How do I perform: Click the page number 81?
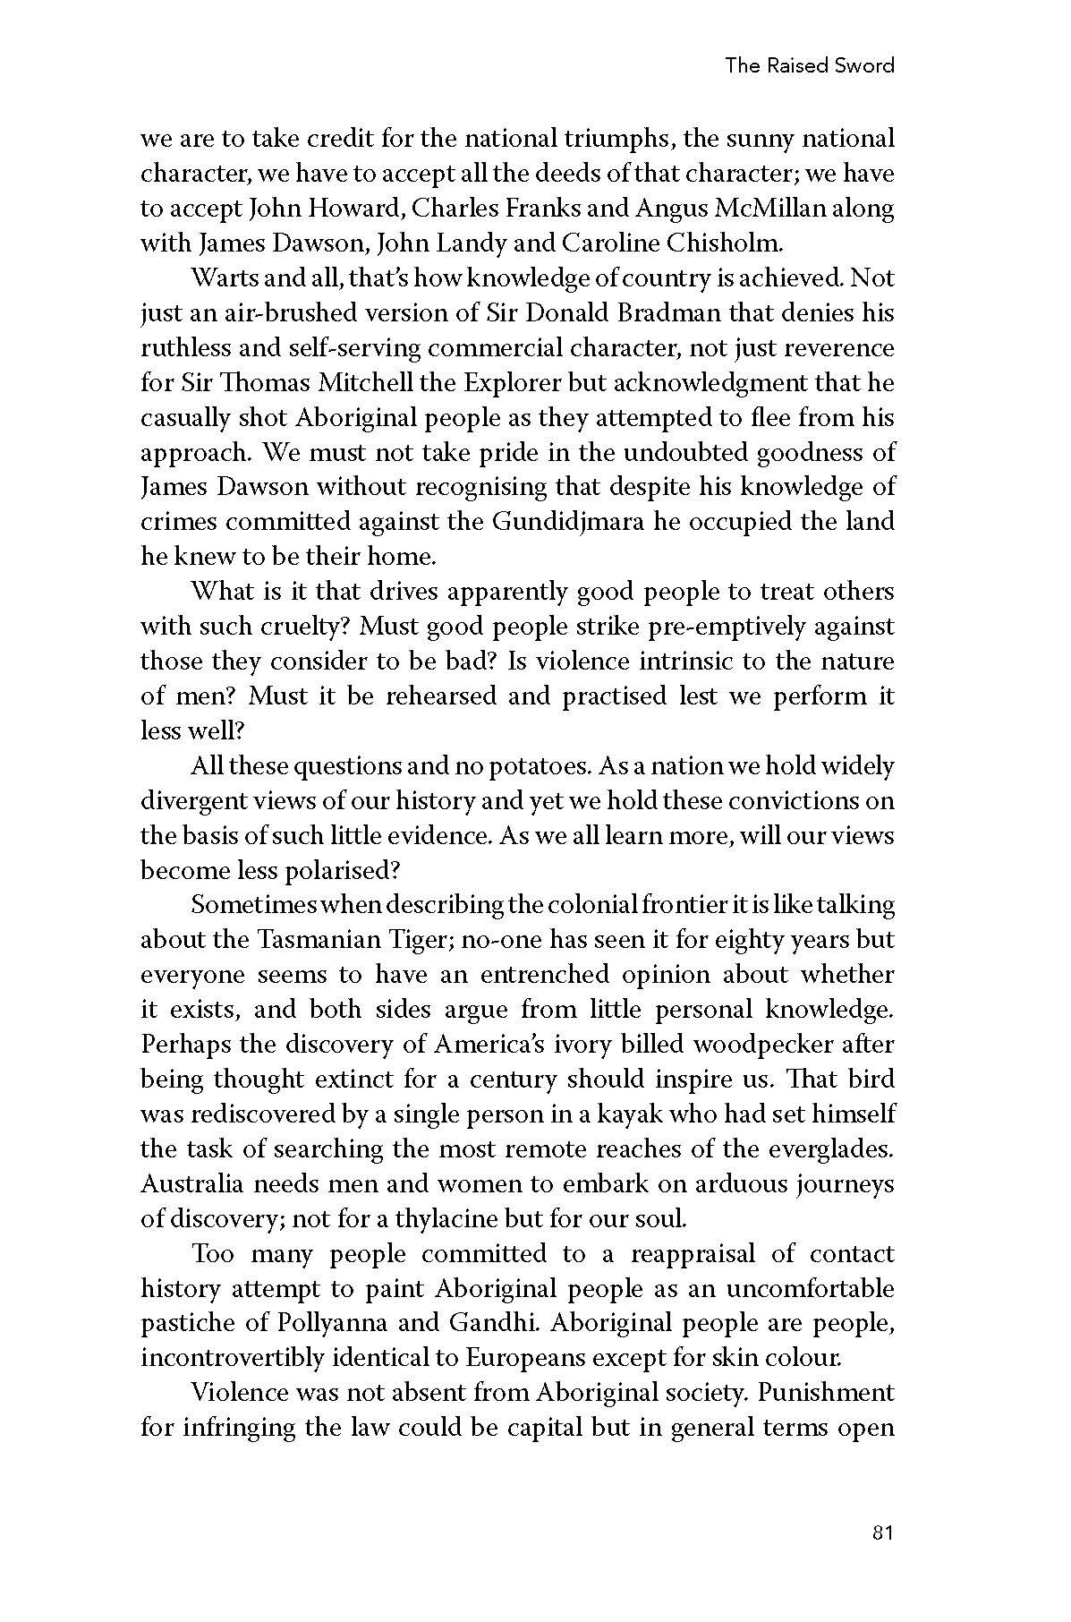881,1532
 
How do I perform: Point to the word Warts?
224,278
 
